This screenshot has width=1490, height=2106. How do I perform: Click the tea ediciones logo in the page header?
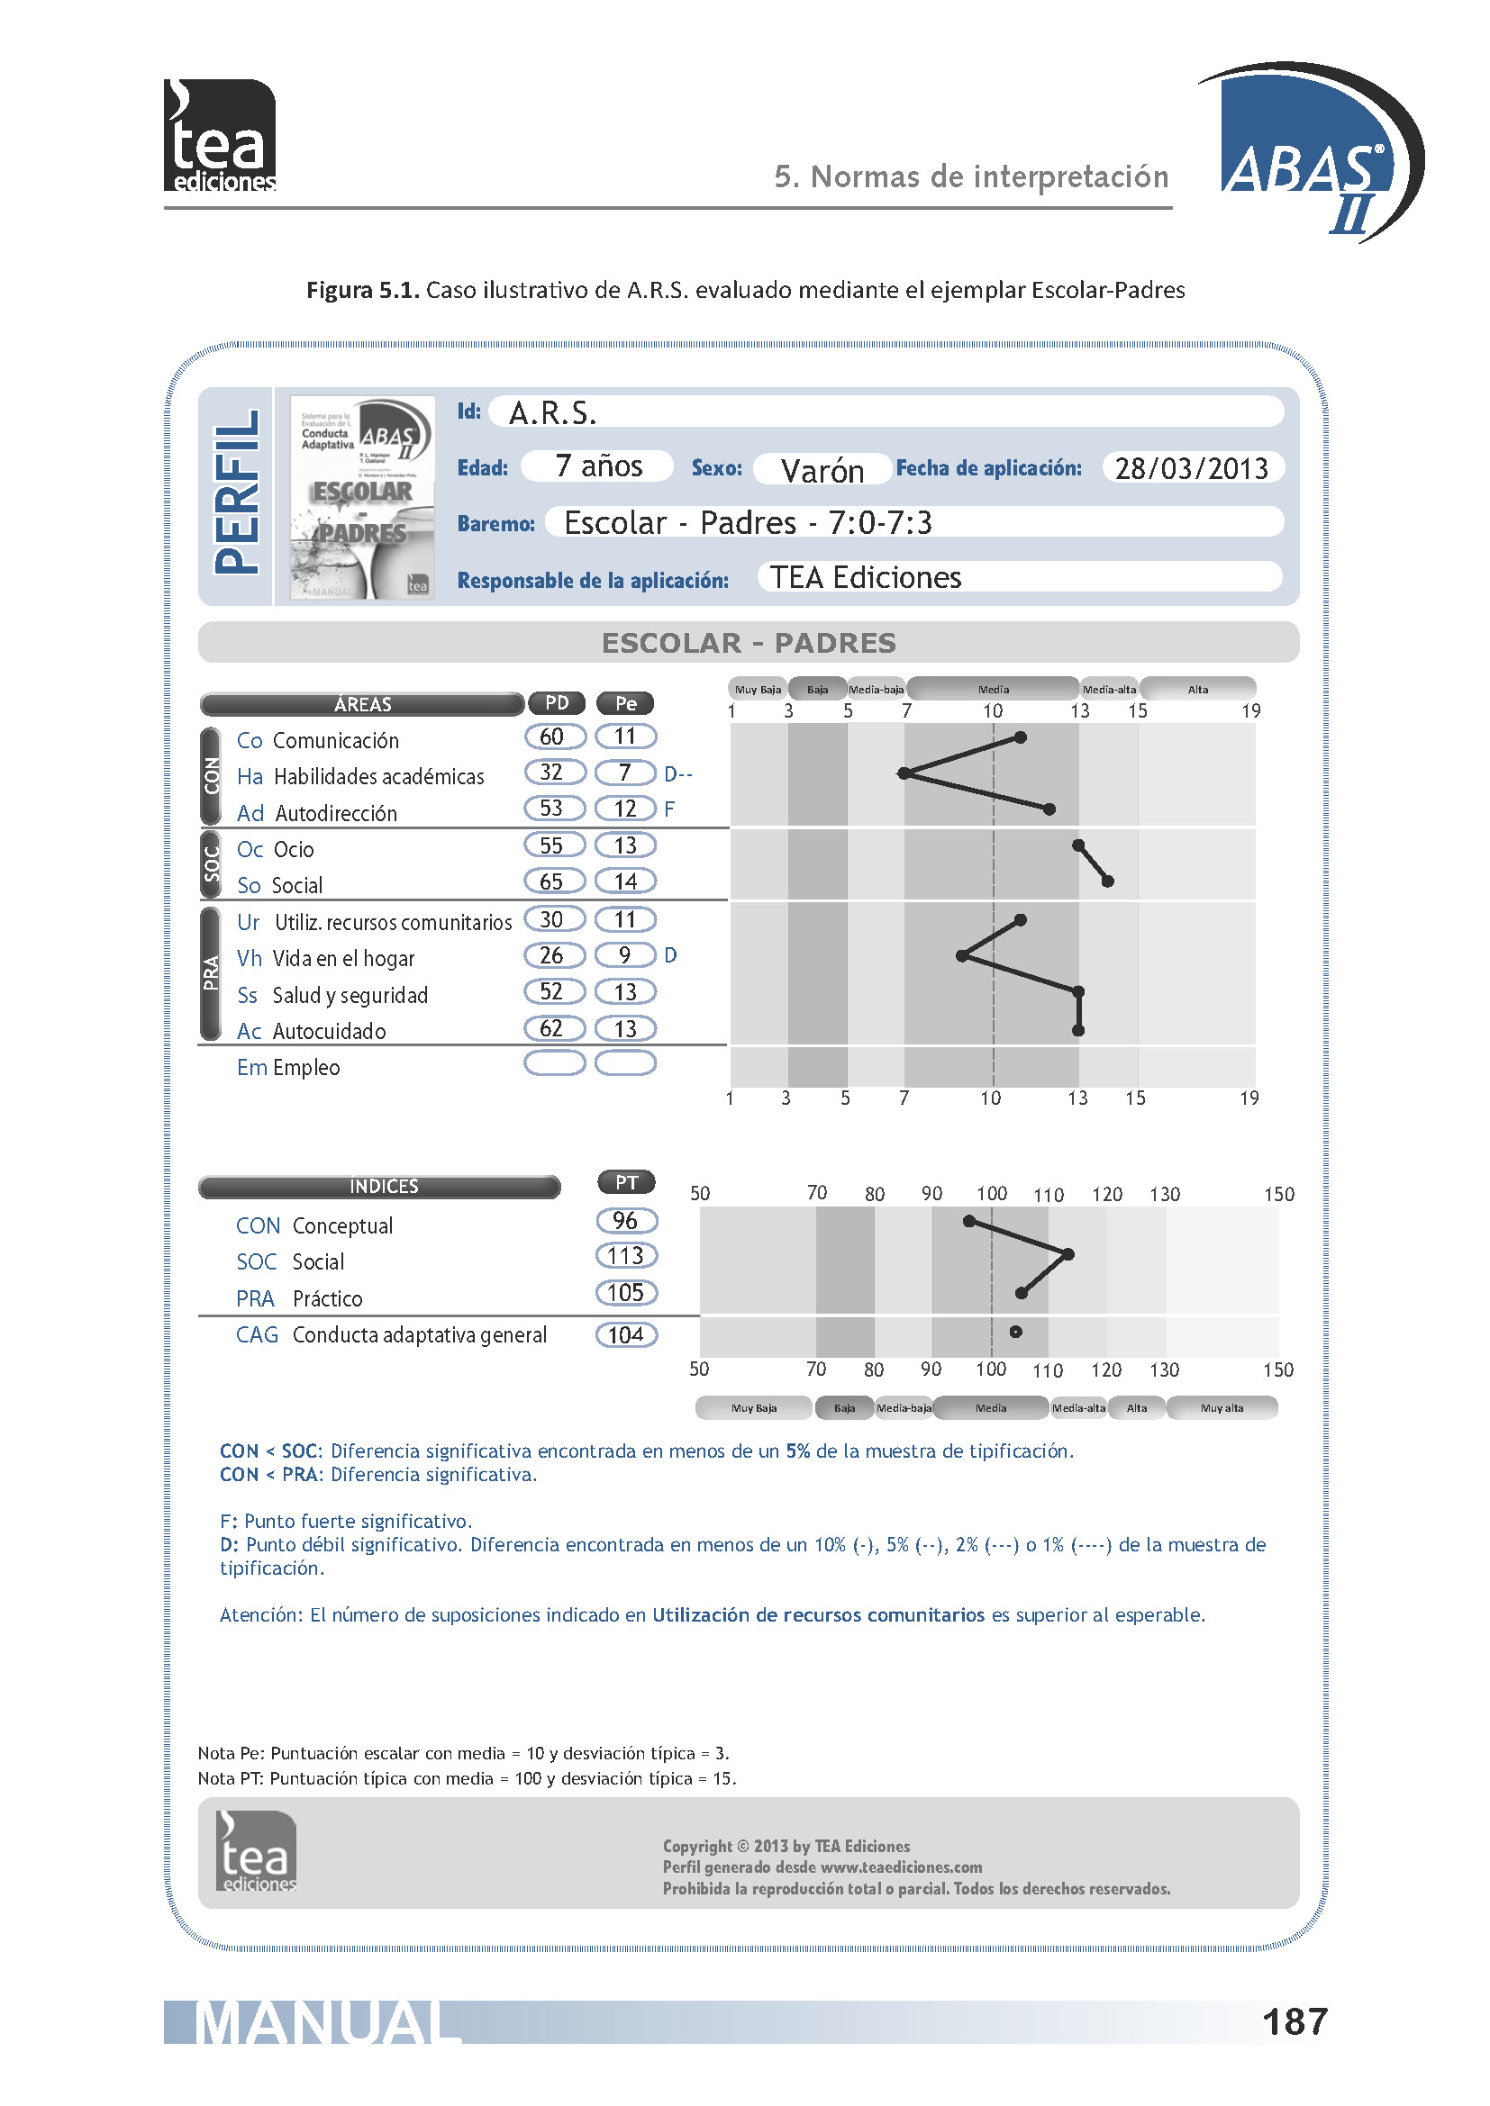[x=220, y=136]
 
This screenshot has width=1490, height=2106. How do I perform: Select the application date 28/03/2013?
[x=1191, y=468]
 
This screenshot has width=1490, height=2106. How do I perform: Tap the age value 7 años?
[x=598, y=466]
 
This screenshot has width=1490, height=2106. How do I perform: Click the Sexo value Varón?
[x=822, y=471]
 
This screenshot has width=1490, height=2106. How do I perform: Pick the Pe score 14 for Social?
[x=626, y=881]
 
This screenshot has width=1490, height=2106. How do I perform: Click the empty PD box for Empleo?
[x=554, y=1063]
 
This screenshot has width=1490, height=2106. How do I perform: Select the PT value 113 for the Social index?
[x=627, y=1256]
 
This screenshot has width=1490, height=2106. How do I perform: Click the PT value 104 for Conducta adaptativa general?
[x=627, y=1334]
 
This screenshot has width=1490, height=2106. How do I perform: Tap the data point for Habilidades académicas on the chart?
[x=904, y=773]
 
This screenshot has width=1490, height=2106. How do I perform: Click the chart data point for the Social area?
[x=1108, y=881]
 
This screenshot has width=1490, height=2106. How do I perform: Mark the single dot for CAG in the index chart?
[x=1015, y=1332]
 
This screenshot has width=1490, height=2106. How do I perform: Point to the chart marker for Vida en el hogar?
[x=962, y=956]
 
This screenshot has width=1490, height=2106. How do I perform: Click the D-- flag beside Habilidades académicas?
[x=678, y=774]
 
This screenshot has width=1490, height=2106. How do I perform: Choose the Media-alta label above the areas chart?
[x=1109, y=690]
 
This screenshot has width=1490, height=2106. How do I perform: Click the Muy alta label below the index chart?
[x=1222, y=1408]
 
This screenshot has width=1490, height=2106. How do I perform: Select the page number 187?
[x=1295, y=2021]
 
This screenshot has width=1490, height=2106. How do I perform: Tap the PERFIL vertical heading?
[x=237, y=493]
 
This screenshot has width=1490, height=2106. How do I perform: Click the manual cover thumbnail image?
[x=362, y=497]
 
